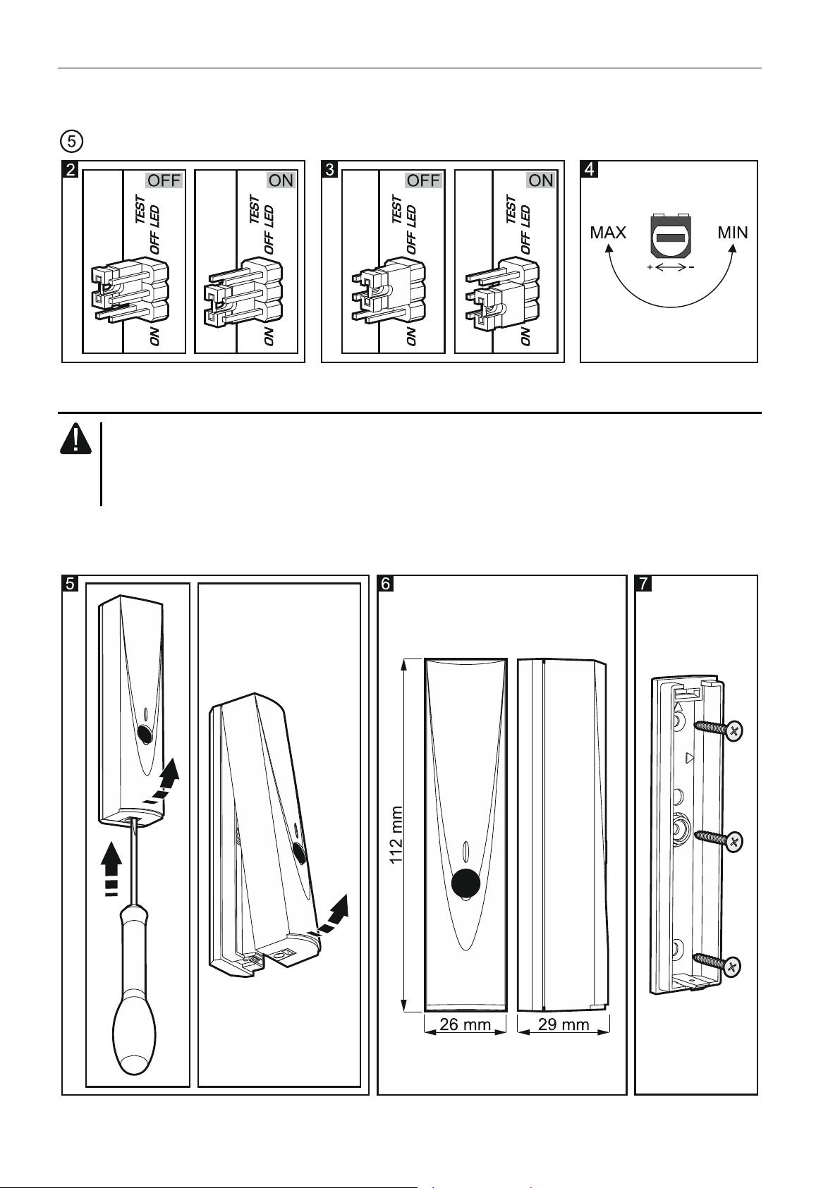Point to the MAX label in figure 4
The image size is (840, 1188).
click(x=608, y=233)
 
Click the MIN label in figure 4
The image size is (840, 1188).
click(x=733, y=233)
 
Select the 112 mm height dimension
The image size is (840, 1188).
click(x=397, y=835)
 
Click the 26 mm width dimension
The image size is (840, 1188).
click(x=465, y=1025)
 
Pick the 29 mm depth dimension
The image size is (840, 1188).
click(x=564, y=1025)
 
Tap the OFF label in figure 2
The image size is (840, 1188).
click(x=164, y=180)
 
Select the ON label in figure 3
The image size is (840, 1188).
click(x=541, y=180)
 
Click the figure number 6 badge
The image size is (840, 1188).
click(x=386, y=583)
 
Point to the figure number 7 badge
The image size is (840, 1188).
click(x=644, y=583)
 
